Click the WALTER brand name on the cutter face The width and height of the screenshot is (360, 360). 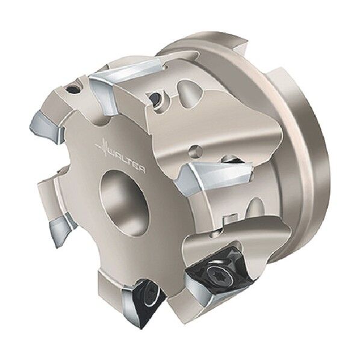tap(126, 160)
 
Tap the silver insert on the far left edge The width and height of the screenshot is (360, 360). tap(46, 126)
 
